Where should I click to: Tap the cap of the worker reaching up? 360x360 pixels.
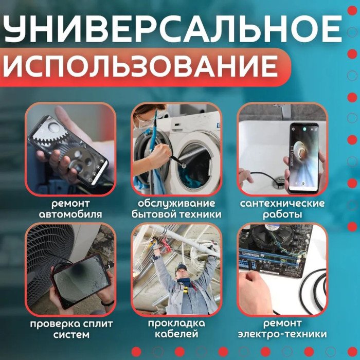(182, 267)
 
